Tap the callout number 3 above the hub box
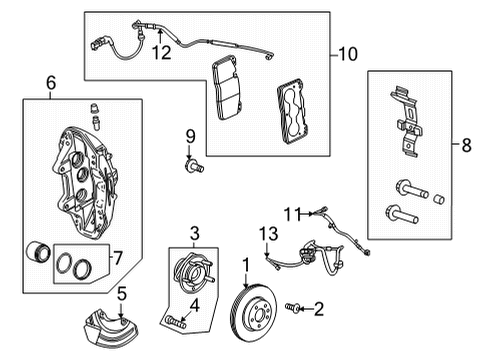click(196, 232)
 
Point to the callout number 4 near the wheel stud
click(196, 305)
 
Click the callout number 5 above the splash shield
click(122, 293)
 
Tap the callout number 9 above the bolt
click(187, 136)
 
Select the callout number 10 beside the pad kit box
click(347, 50)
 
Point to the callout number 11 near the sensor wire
click(292, 212)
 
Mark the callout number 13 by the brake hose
click(265, 233)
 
